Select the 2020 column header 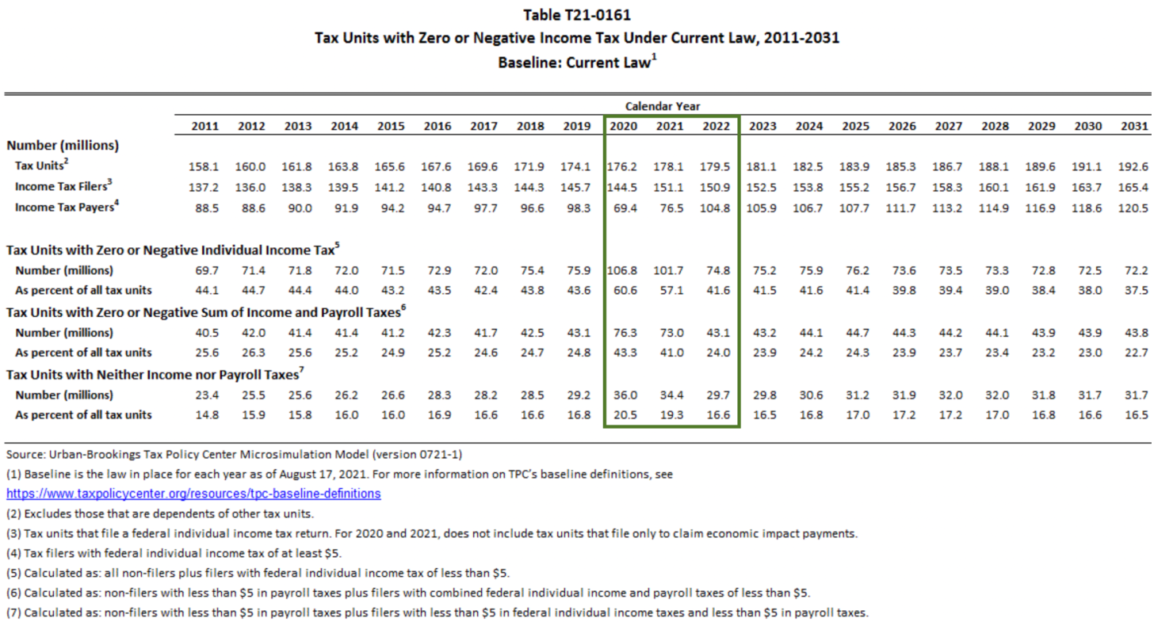point(624,126)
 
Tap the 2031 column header point(1134,126)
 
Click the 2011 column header point(205,126)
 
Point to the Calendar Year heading point(663,106)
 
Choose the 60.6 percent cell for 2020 point(624,290)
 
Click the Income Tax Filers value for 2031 point(1134,186)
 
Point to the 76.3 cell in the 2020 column point(624,333)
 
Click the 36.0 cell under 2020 point(624,395)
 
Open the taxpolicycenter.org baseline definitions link point(193,494)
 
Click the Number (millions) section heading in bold point(63,146)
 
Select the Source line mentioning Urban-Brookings point(234,455)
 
